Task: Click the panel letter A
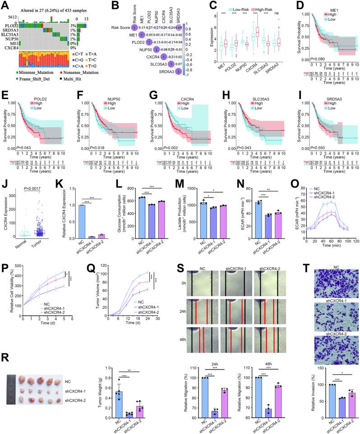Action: (x=5, y=5)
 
